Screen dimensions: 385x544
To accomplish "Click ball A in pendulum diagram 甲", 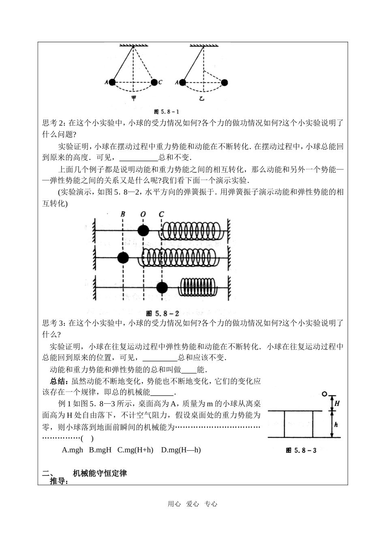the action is click(x=113, y=82).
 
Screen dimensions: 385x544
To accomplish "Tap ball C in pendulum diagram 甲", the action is click(x=154, y=82).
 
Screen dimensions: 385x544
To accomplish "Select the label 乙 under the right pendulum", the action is click(x=201, y=99).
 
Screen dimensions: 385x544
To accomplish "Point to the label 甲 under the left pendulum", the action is click(x=133, y=99).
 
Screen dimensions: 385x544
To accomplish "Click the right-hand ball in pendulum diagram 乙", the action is click(x=224, y=82).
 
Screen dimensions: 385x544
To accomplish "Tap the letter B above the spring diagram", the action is click(x=123, y=214).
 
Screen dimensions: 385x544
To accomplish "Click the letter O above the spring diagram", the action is click(x=143, y=214).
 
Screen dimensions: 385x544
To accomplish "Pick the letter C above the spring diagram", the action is click(x=162, y=214).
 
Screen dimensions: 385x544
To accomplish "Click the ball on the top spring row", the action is click(x=143, y=231).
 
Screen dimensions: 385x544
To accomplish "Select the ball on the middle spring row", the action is click(x=123, y=257).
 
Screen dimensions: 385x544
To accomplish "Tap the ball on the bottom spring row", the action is click(x=162, y=288).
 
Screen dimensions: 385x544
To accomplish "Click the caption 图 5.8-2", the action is click(x=162, y=313).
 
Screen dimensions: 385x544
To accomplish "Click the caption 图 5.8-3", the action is click(x=301, y=450).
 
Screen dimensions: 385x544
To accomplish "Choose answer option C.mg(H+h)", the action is click(x=135, y=450).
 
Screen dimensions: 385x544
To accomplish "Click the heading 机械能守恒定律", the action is click(x=100, y=473).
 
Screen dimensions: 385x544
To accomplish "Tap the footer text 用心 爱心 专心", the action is click(x=192, y=504).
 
